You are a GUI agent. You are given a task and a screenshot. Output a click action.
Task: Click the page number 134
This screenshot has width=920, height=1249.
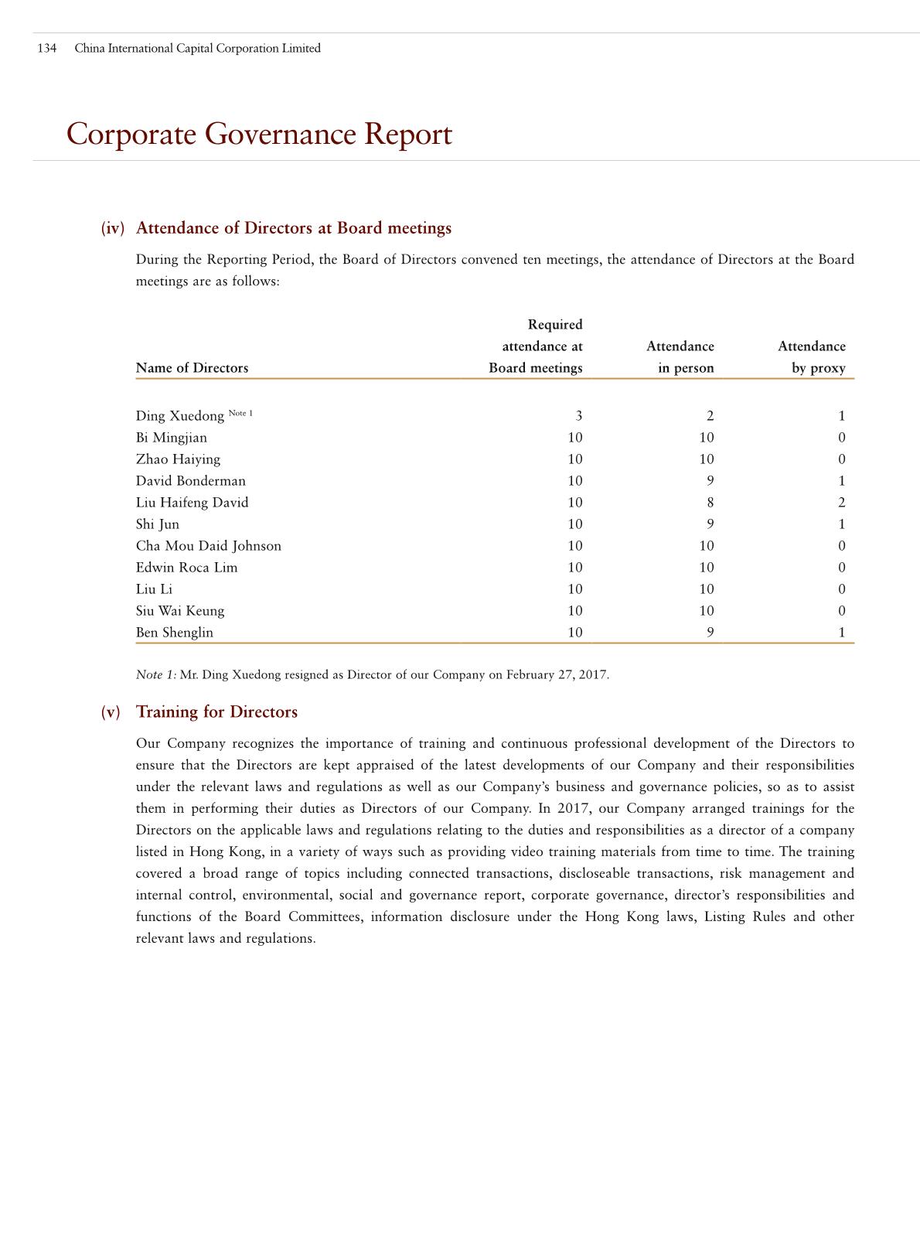click(47, 48)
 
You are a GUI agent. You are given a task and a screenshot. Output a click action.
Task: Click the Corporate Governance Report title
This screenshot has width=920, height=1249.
click(259, 134)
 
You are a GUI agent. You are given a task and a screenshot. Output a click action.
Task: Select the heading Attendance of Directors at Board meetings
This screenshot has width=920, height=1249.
click(293, 228)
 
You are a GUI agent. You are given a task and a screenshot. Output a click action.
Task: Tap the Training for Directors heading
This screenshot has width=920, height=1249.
click(216, 712)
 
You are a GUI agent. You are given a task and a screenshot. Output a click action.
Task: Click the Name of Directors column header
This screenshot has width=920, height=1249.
click(192, 368)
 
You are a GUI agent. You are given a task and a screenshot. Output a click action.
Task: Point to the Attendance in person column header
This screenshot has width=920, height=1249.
click(680, 357)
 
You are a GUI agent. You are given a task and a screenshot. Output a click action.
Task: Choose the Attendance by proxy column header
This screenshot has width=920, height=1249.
click(811, 357)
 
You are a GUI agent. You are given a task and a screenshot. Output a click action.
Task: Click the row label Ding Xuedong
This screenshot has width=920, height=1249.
click(179, 416)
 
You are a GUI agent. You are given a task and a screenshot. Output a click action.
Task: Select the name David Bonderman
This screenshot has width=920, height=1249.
click(190, 481)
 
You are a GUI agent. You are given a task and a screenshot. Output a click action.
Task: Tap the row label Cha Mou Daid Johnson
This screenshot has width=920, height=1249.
click(208, 546)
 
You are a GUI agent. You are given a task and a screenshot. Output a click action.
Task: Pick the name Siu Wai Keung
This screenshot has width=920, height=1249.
click(179, 611)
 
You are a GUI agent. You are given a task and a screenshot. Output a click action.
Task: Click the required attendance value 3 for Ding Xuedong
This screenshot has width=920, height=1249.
click(578, 416)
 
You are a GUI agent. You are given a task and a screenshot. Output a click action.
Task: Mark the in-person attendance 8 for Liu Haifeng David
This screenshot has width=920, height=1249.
click(710, 503)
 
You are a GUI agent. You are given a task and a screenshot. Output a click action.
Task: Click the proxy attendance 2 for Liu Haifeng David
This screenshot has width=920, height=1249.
click(841, 503)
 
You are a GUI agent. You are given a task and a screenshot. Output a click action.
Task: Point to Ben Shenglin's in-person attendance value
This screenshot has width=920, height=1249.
click(710, 633)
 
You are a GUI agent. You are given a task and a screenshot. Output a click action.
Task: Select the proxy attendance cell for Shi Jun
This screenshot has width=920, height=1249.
click(841, 524)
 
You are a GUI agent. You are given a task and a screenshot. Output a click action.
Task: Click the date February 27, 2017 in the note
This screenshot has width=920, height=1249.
click(557, 675)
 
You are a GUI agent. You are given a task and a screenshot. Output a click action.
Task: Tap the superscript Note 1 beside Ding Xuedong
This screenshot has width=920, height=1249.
click(240, 413)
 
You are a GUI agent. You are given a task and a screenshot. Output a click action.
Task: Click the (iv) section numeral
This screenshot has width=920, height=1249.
click(112, 228)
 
